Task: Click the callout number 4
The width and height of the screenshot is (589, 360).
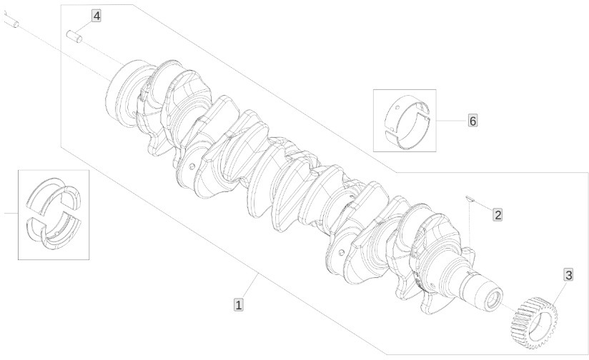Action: click(96, 16)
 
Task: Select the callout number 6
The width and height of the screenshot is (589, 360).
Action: click(472, 121)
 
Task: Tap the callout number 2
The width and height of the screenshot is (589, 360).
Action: click(498, 215)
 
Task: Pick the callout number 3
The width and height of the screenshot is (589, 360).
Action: click(569, 275)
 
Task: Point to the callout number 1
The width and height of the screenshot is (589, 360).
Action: click(238, 304)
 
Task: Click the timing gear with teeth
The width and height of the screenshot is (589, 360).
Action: click(535, 322)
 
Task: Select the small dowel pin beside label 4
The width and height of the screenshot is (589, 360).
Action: click(74, 36)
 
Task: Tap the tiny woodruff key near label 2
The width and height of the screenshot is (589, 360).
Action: click(469, 198)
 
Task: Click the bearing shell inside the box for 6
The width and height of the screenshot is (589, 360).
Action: click(407, 121)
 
